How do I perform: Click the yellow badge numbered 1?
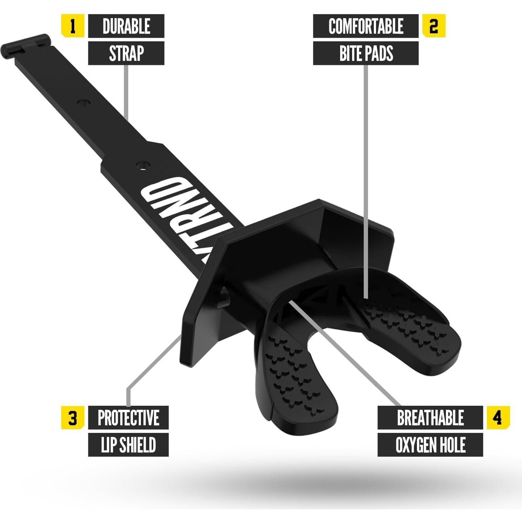[72, 26]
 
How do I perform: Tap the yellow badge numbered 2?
[433, 26]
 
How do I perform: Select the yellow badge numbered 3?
[73, 418]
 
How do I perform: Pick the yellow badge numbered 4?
[498, 418]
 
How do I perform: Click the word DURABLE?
[126, 26]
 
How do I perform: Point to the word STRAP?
[126, 53]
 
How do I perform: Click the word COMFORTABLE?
[366, 26]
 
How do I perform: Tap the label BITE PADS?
[366, 53]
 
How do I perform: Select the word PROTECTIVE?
[128, 418]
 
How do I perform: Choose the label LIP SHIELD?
[128, 445]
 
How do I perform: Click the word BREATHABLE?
[430, 418]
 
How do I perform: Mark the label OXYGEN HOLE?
[430, 445]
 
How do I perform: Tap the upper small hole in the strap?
[83, 102]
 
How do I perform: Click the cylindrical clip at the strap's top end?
[25, 45]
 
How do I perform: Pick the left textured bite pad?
[293, 373]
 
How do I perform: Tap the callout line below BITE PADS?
[366, 181]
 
